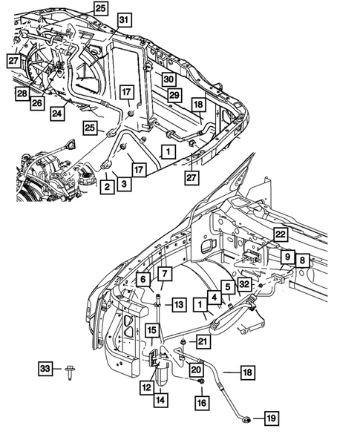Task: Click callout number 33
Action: tap(46, 369)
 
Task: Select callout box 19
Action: tap(271, 419)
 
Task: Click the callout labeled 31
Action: tap(125, 19)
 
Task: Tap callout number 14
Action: tap(159, 401)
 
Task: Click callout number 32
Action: tap(244, 284)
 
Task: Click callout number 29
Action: tap(174, 96)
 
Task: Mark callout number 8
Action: tap(303, 260)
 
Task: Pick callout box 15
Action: tap(151, 329)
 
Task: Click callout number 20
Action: tap(196, 369)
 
